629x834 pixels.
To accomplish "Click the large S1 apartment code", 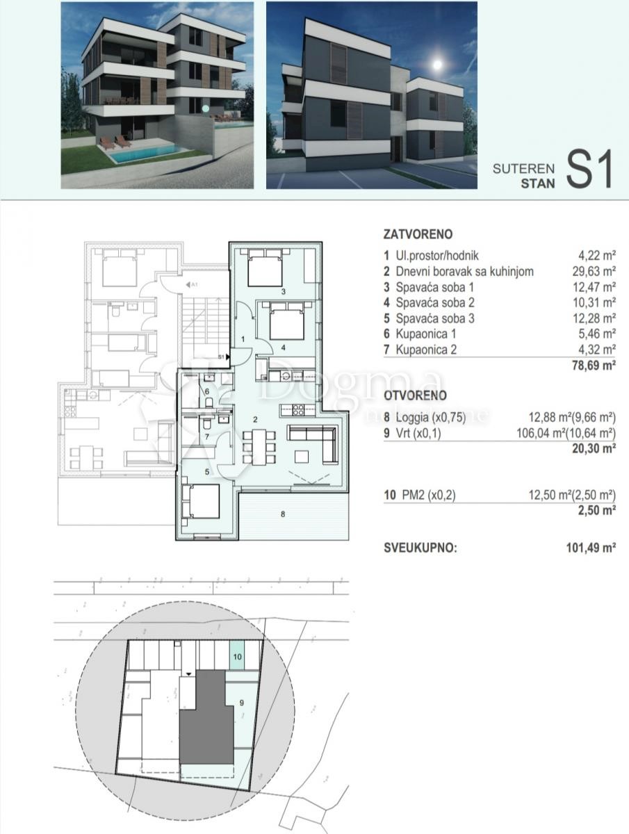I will [x=589, y=170].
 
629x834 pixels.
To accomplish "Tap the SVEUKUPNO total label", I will [x=420, y=548].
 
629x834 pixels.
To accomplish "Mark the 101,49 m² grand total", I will [x=591, y=548].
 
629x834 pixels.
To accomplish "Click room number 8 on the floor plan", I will [x=283, y=515].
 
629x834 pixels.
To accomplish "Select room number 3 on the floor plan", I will [x=283, y=292].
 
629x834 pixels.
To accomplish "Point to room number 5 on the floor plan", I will [x=206, y=472].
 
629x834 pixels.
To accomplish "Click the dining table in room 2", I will [x=259, y=446].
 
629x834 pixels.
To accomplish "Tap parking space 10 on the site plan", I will [x=237, y=656].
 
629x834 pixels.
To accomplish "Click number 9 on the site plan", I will [x=242, y=703].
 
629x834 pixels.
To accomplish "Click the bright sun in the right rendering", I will [x=437, y=65].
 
